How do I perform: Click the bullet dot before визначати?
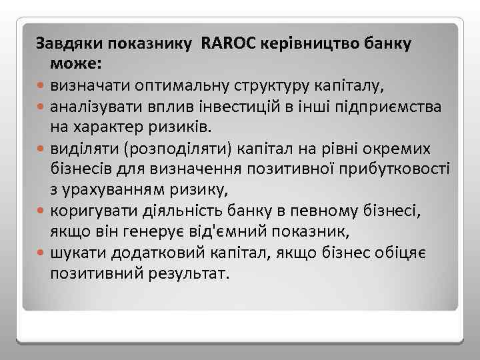point(41,85)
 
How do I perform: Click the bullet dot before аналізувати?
point(41,107)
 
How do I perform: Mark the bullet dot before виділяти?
point(41,147)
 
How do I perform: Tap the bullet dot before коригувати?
point(41,211)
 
